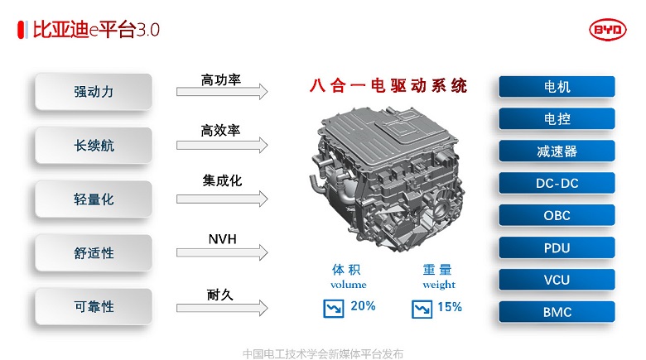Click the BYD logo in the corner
(x=608, y=30)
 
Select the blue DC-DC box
(x=557, y=183)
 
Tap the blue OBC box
(x=557, y=215)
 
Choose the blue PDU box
(x=557, y=247)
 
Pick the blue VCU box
(x=557, y=280)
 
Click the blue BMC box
(x=557, y=312)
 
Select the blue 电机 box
(x=557, y=87)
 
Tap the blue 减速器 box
(x=557, y=151)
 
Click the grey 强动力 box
(x=94, y=91)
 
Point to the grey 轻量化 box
(x=94, y=199)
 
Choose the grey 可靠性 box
(x=94, y=306)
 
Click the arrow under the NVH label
(x=222, y=252)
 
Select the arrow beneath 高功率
(x=222, y=91)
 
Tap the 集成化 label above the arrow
(x=222, y=180)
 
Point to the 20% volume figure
(x=363, y=306)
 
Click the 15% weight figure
(x=450, y=307)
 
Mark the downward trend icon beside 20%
(x=334, y=309)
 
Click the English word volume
(x=348, y=285)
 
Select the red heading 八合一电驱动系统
(x=388, y=86)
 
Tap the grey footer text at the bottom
(x=323, y=353)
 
